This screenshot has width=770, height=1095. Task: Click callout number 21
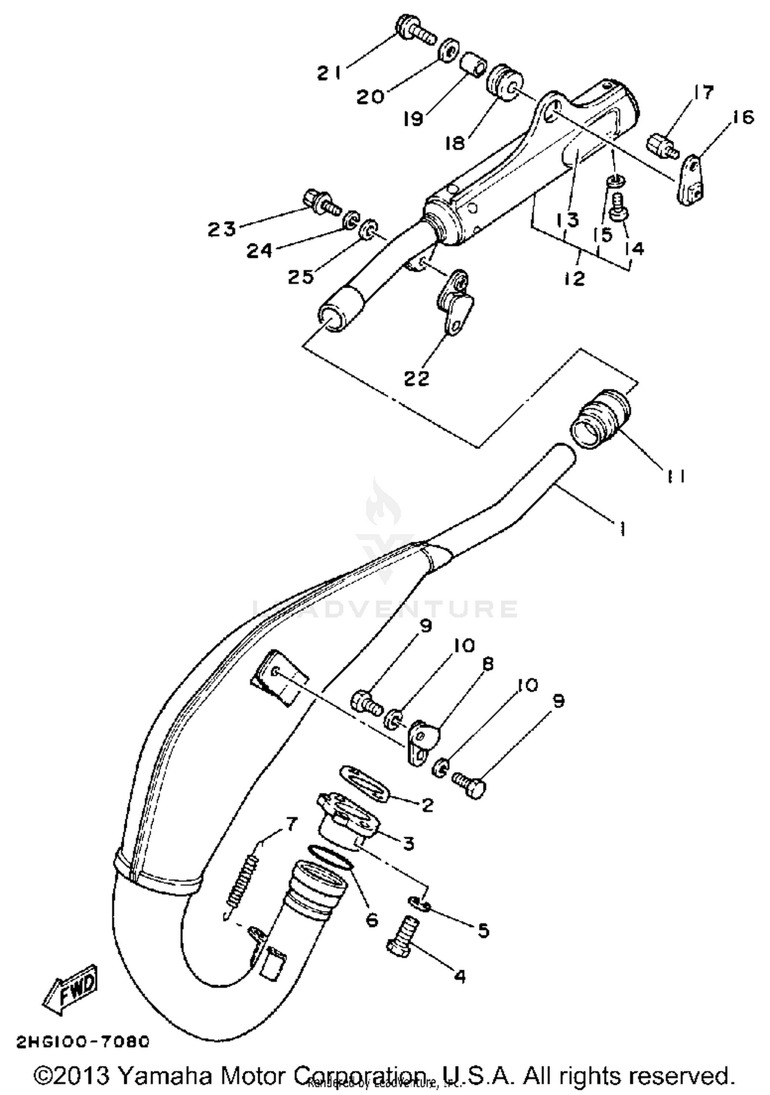pos(329,73)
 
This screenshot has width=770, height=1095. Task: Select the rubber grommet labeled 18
pos(505,82)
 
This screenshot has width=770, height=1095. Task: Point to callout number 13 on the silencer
pos(567,220)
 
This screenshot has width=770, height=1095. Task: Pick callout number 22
pos(416,379)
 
